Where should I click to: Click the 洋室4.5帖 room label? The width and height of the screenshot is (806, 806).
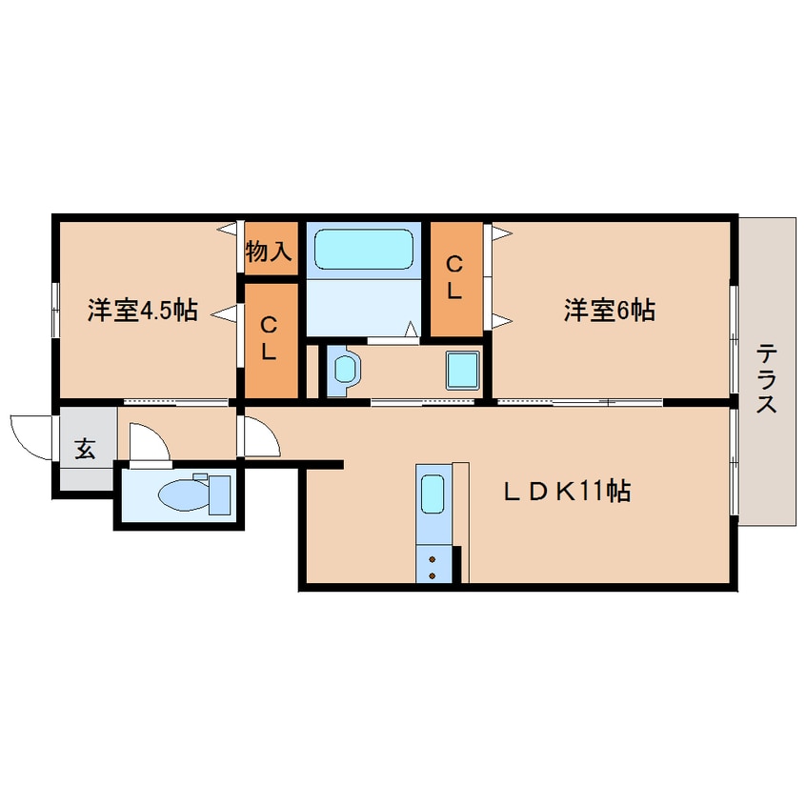point(142,311)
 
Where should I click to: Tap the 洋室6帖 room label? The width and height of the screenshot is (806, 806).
point(609,311)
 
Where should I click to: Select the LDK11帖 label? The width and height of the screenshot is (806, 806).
point(567,492)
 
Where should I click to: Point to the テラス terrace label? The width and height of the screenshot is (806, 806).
point(767,377)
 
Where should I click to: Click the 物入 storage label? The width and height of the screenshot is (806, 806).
point(269,252)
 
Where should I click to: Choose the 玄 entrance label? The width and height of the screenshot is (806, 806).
point(86,450)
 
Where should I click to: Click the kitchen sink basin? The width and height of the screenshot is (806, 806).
point(433,495)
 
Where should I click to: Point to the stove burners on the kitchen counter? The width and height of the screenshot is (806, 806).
point(433,566)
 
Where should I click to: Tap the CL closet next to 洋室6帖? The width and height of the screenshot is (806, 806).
point(455,278)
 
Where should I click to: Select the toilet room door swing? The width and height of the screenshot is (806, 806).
point(148,443)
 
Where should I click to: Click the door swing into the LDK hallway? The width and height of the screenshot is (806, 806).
point(260,436)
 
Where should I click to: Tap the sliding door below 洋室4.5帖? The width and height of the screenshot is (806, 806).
point(162,402)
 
